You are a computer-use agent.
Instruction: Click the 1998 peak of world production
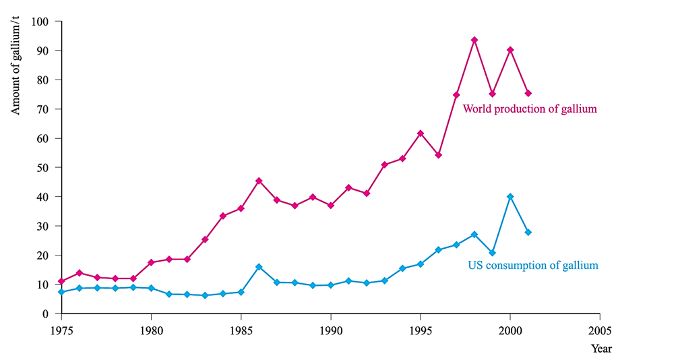tap(474, 40)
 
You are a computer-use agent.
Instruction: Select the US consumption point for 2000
tap(510, 196)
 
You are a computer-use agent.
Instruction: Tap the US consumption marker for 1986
tap(259, 267)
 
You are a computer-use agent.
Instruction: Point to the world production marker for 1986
tap(259, 181)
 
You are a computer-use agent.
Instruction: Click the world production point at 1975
tap(61, 281)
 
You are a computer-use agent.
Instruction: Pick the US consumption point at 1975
tap(61, 292)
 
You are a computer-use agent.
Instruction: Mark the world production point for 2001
tap(528, 93)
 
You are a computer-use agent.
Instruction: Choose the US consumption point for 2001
tap(528, 232)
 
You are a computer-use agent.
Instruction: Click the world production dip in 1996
tap(439, 155)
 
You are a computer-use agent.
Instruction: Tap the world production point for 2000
tap(510, 50)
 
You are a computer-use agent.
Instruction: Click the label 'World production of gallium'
tap(530, 109)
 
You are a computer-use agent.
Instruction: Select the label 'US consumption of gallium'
tap(532, 266)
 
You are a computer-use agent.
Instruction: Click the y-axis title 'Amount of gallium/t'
tap(16, 68)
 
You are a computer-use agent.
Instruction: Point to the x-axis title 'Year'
tap(602, 349)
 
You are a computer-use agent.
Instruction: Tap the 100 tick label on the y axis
tap(41, 22)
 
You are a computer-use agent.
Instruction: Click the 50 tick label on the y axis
tap(44, 167)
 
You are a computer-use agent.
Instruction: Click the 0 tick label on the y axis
tap(47, 313)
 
